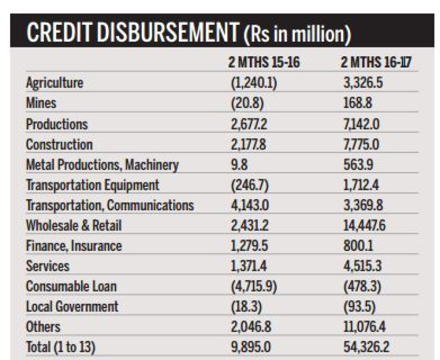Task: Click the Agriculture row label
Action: point(54,83)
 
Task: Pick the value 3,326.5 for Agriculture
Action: point(363,83)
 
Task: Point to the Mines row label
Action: point(41,103)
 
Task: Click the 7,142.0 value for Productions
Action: point(362,124)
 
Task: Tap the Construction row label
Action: point(59,145)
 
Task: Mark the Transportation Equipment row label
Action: point(92,185)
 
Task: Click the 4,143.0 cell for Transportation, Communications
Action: point(249,205)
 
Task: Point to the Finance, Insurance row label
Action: point(74,246)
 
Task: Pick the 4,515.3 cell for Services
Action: point(363,266)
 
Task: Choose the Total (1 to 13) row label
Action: point(61,347)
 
